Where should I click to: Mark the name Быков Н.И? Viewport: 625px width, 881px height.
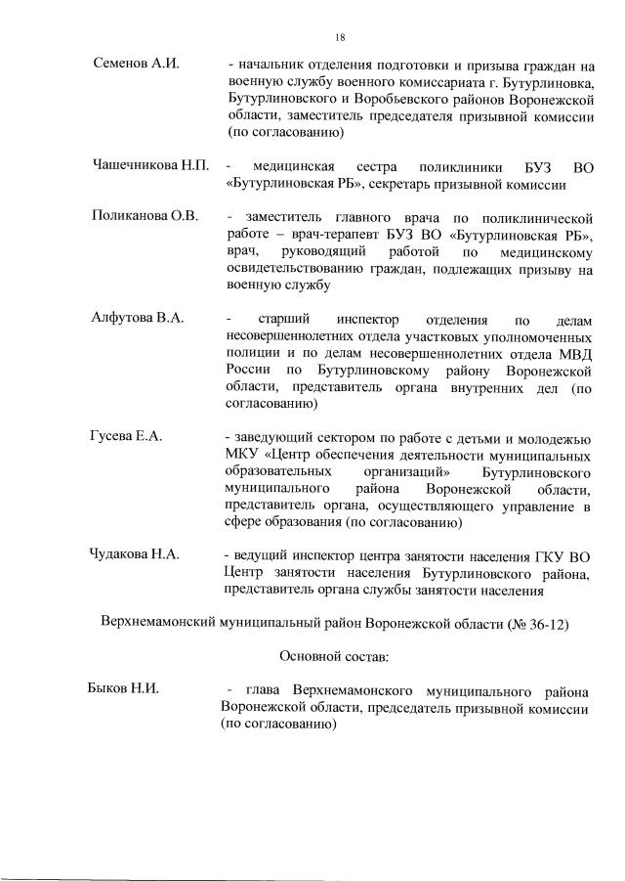[124, 689]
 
